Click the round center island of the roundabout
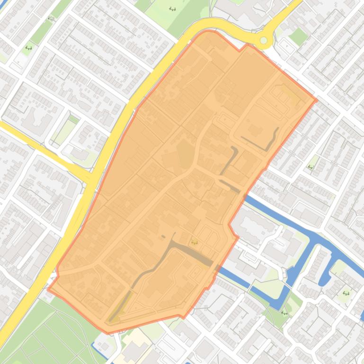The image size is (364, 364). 264,41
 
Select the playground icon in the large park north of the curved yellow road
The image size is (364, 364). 172,9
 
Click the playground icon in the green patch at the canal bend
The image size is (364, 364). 284,312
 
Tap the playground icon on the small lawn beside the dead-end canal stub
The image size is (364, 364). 346,293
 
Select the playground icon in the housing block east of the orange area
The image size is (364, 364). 311,167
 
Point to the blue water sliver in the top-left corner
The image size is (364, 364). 4,4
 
